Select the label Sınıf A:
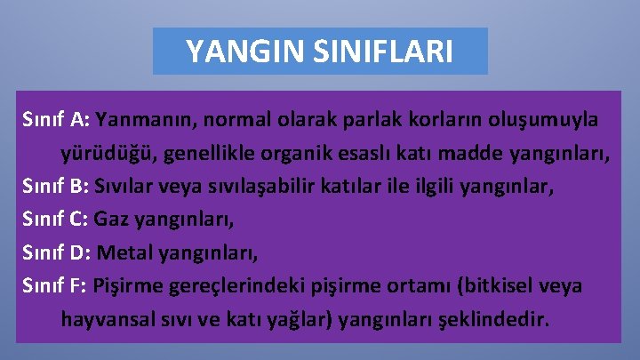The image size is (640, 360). [56, 119]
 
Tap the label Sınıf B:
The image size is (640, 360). [56, 186]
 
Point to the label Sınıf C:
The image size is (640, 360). [56, 220]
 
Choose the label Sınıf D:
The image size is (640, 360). [57, 252]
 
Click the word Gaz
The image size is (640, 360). [110, 220]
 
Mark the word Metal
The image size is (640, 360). [124, 252]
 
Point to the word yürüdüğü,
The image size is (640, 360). [103, 153]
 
